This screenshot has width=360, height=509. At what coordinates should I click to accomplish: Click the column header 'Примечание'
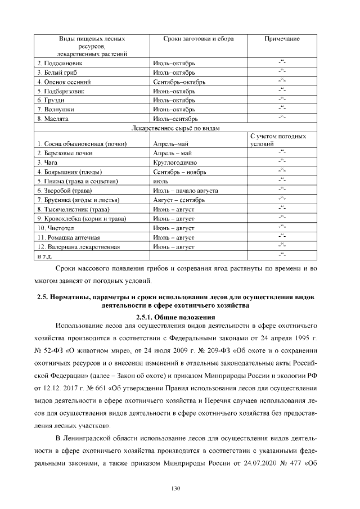281,39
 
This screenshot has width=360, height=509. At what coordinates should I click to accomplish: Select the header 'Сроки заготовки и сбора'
198,39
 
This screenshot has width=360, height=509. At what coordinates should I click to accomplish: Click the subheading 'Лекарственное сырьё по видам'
175,128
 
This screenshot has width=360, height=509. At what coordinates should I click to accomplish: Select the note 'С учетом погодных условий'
278,140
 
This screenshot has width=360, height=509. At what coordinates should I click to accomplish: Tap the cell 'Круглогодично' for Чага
173,162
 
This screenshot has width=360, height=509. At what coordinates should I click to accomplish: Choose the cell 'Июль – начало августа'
185,191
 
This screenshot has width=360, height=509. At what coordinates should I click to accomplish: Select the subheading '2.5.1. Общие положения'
175,317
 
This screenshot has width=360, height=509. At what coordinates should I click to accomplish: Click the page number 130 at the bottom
175,488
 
